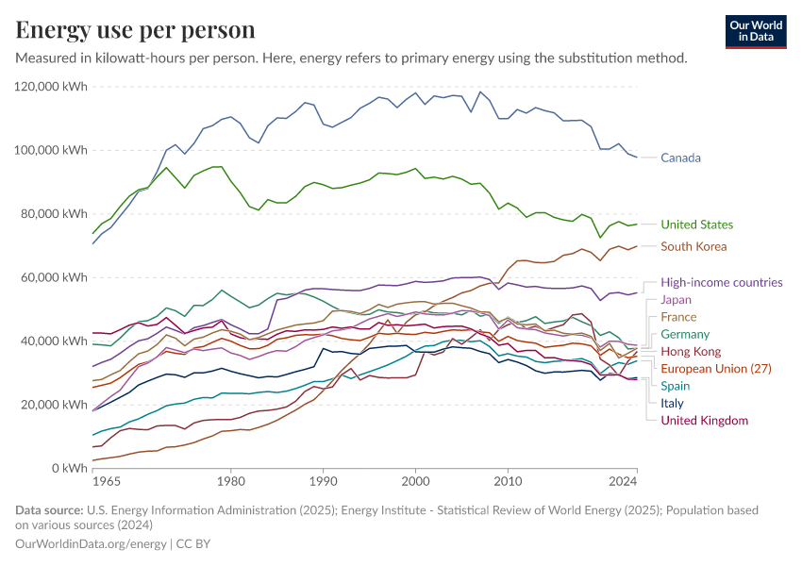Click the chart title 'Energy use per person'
coord(135,29)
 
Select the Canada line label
coord(680,158)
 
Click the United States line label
coord(696,225)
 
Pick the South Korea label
coord(693,246)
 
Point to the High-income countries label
coord(721,282)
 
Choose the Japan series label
coord(676,300)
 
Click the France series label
coord(678,317)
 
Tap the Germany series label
coord(685,334)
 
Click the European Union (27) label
coord(716,368)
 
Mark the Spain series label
coord(675,386)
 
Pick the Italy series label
coord(672,403)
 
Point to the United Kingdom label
coord(704,420)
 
